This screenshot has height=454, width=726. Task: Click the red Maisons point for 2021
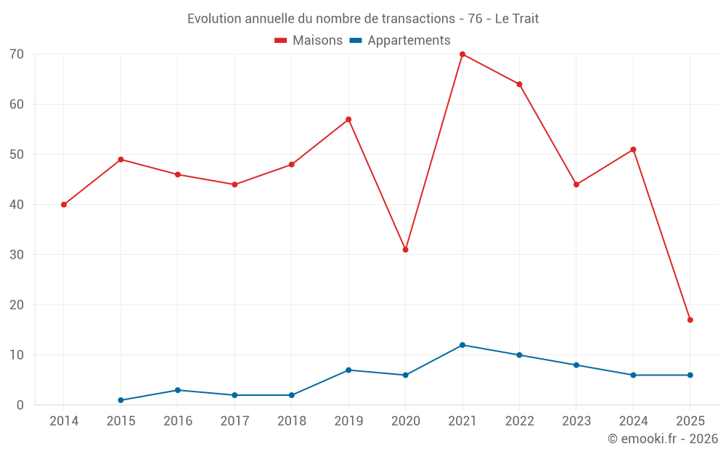pyautogui.click(x=462, y=54)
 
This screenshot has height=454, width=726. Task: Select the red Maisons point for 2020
pyautogui.click(x=405, y=250)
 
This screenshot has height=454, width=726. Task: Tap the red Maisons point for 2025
pyautogui.click(x=690, y=320)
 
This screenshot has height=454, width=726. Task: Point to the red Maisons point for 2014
pyautogui.click(x=64, y=205)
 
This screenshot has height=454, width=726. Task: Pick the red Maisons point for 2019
pyautogui.click(x=348, y=119)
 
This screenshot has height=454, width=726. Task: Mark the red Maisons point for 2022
pyautogui.click(x=519, y=84)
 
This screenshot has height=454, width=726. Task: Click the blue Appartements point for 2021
pyautogui.click(x=462, y=345)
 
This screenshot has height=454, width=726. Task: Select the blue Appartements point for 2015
pyautogui.click(x=121, y=400)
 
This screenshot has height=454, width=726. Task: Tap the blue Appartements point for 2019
pyautogui.click(x=348, y=370)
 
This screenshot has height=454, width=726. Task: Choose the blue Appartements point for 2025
pyautogui.click(x=690, y=375)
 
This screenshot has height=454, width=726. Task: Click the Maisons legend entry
pyautogui.click(x=309, y=41)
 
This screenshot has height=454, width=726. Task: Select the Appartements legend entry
pyautogui.click(x=400, y=41)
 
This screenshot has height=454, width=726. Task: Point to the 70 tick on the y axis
pyautogui.click(x=17, y=54)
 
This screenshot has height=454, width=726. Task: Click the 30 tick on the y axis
pyautogui.click(x=17, y=255)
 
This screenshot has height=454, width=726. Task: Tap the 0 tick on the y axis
pyautogui.click(x=20, y=405)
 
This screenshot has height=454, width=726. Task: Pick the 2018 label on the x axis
pyautogui.click(x=291, y=421)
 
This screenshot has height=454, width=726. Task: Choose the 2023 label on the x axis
pyautogui.click(x=576, y=421)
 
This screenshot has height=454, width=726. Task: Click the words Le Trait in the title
pyautogui.click(x=517, y=19)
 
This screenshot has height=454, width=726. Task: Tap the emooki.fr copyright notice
pyautogui.click(x=663, y=439)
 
